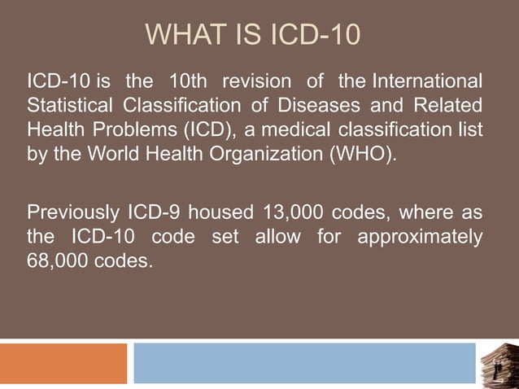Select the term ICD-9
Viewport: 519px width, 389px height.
tap(155, 215)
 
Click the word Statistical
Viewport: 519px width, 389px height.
tap(72, 107)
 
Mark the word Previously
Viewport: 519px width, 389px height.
tap(73, 215)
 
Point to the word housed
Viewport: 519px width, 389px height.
tap(219, 215)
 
